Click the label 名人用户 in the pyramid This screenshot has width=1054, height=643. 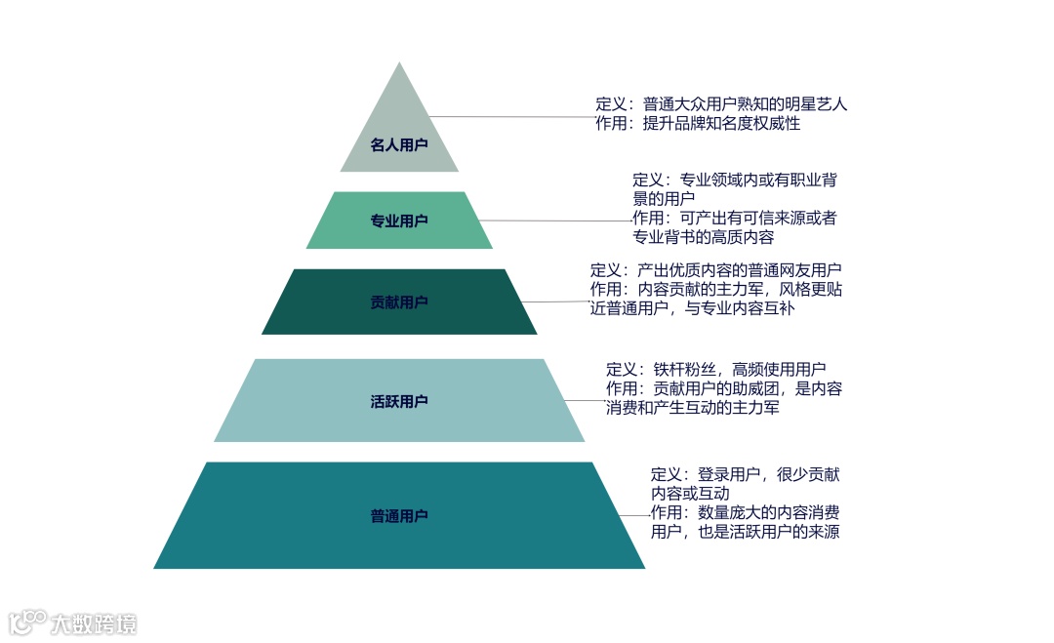tap(399, 145)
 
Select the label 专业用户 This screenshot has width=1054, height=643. tap(399, 221)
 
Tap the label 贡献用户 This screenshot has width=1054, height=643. tap(399, 302)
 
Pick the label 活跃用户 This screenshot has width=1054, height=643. tap(399, 401)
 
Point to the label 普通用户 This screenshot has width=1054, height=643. tap(399, 516)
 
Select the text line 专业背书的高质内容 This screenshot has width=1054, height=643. tap(704, 237)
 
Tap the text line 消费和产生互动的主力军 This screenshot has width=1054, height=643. tap(692, 407)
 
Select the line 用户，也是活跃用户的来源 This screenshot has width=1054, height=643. tap(745, 532)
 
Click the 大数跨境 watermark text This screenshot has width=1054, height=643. tap(94, 623)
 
